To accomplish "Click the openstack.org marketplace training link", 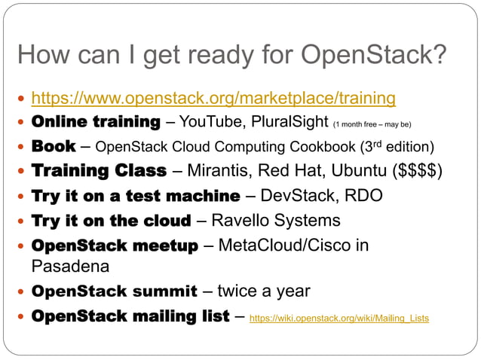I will click(x=213, y=98).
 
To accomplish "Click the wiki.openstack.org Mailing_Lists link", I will click(x=339, y=319).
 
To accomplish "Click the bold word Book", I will click(x=54, y=146).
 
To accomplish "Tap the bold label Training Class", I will click(x=98, y=171).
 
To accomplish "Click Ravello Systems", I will click(x=275, y=221).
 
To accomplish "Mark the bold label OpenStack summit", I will click(x=114, y=291).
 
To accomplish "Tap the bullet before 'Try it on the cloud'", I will click(x=20, y=221).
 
